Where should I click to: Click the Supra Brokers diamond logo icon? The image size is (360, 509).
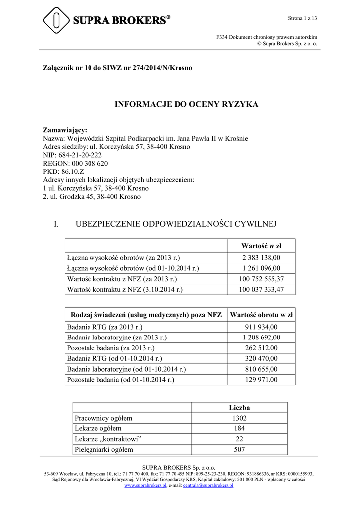[x=56, y=20]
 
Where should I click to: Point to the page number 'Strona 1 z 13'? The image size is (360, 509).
[x=302, y=18]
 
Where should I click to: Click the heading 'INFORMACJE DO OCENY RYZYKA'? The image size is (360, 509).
[x=186, y=104]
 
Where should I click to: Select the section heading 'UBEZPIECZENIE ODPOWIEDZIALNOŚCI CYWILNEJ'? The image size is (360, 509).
[x=176, y=224]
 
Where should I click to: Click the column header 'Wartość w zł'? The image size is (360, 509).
[x=261, y=246]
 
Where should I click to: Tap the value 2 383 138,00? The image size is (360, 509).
[x=261, y=258]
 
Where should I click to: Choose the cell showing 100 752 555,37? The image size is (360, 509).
[x=261, y=279]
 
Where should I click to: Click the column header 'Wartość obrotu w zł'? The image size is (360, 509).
[x=261, y=315]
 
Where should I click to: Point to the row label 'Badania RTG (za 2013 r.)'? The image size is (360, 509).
[x=104, y=327]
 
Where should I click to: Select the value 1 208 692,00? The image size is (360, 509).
[x=261, y=338]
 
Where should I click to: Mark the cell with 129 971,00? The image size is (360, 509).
[x=261, y=380]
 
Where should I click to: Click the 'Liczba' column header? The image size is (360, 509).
[x=240, y=408]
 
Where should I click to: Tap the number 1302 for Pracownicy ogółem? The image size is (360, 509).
[x=240, y=418]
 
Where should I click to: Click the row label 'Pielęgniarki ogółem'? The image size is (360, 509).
[x=104, y=450]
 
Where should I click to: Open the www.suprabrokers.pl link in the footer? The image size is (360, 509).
[x=145, y=485]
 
